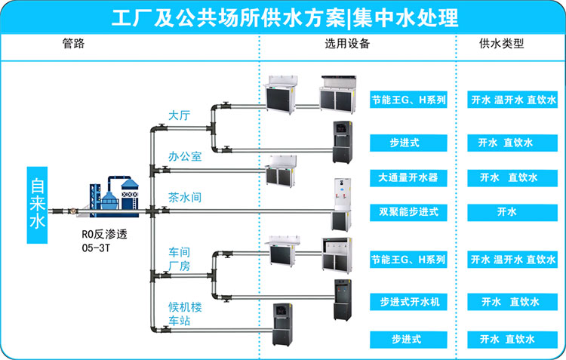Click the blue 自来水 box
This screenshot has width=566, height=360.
[37, 204]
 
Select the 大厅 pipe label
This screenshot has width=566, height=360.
[179, 115]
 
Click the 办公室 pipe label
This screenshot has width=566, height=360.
[185, 157]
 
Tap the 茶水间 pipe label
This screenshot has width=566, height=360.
[185, 197]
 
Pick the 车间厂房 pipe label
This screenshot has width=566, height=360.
[179, 258]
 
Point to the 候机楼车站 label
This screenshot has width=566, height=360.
[185, 315]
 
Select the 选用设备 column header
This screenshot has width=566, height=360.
[347, 44]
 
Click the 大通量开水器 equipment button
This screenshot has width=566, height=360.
[408, 178]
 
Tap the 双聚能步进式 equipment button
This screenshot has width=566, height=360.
[408, 212]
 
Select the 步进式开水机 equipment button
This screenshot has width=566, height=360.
[408, 302]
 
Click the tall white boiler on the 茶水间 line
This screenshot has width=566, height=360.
[342, 205]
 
